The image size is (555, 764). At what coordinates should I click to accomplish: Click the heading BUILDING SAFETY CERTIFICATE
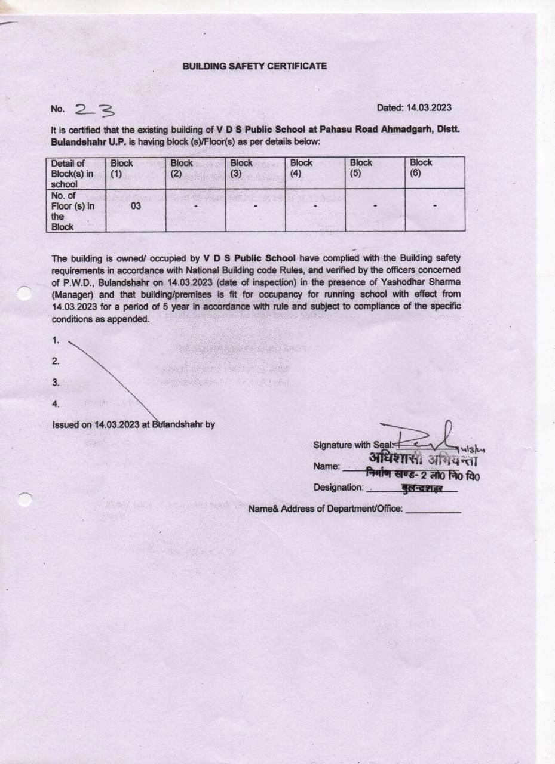point(254,66)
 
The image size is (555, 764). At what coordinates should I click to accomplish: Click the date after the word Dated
point(429,108)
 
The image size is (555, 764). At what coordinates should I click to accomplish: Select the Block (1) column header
point(121,168)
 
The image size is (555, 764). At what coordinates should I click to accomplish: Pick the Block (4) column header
point(301,168)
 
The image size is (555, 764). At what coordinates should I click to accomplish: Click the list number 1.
point(56,340)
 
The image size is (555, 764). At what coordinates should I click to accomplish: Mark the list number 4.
point(56,404)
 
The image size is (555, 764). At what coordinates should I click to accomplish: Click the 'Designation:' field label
point(338,488)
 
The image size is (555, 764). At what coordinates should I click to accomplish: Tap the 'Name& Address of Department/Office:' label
point(326,509)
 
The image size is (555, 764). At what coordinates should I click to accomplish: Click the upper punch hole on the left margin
point(24,292)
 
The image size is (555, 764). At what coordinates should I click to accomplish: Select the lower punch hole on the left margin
point(24,499)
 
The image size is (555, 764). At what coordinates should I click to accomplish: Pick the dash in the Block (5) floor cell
point(375,207)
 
